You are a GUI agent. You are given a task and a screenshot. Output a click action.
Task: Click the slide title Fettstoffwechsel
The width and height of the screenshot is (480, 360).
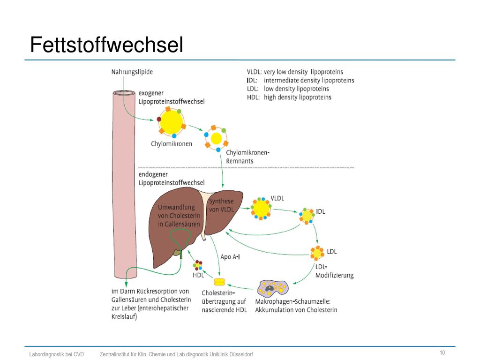(106, 45)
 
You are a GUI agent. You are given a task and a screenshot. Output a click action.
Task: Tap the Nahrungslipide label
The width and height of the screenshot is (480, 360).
(132, 72)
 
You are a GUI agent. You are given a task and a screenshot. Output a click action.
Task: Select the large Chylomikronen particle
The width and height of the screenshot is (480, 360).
(172, 122)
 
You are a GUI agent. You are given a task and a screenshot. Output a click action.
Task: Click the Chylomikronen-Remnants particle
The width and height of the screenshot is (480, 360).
(217, 138)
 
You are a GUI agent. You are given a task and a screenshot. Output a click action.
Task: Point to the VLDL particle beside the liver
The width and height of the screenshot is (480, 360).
(261, 209)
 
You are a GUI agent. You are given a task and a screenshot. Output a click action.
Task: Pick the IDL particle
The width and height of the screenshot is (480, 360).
(307, 216)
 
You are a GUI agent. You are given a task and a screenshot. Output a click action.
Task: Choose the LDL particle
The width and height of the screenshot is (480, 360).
(317, 253)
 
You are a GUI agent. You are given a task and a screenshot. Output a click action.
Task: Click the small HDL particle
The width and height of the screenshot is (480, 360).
(198, 265)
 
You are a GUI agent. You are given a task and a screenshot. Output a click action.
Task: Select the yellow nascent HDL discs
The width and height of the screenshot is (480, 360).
(219, 282)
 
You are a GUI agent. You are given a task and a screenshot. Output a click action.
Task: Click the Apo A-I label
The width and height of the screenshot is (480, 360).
(230, 256)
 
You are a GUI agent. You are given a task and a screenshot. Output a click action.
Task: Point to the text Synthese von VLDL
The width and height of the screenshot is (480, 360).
(221, 205)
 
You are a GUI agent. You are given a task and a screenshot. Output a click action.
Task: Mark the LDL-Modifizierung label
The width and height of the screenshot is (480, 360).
(334, 271)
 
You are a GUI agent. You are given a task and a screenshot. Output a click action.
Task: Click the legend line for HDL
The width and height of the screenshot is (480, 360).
(289, 97)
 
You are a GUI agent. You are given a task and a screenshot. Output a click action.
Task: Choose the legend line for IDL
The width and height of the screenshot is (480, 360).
(300, 81)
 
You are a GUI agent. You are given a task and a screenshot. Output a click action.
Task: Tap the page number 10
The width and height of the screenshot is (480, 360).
(442, 352)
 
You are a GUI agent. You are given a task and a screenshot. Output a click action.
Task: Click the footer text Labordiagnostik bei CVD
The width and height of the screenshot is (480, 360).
(57, 354)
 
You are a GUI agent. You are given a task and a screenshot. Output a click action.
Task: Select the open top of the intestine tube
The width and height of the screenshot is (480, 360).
(124, 93)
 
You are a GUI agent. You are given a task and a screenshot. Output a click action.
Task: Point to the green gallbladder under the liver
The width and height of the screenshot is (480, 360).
(177, 253)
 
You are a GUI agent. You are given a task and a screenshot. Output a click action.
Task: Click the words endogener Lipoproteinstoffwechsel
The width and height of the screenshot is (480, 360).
(172, 179)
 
